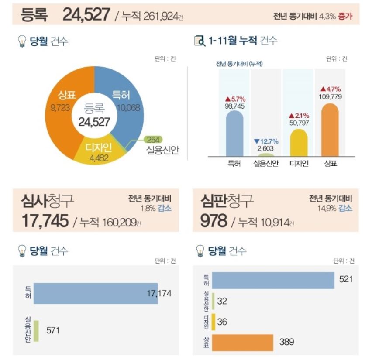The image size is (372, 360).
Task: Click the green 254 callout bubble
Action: click(x=153, y=140)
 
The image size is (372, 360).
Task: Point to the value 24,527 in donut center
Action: click(x=94, y=122)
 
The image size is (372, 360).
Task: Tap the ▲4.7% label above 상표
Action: click(x=330, y=89)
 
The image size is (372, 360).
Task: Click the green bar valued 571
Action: click(x=36, y=331)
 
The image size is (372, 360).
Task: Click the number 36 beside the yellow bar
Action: click(x=222, y=322)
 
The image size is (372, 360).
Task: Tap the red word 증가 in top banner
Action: click(x=345, y=16)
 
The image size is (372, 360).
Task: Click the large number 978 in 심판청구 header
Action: click(x=214, y=220)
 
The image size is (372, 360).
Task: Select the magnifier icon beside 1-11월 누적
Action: click(x=199, y=41)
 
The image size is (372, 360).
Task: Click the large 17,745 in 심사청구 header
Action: click(x=45, y=220)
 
